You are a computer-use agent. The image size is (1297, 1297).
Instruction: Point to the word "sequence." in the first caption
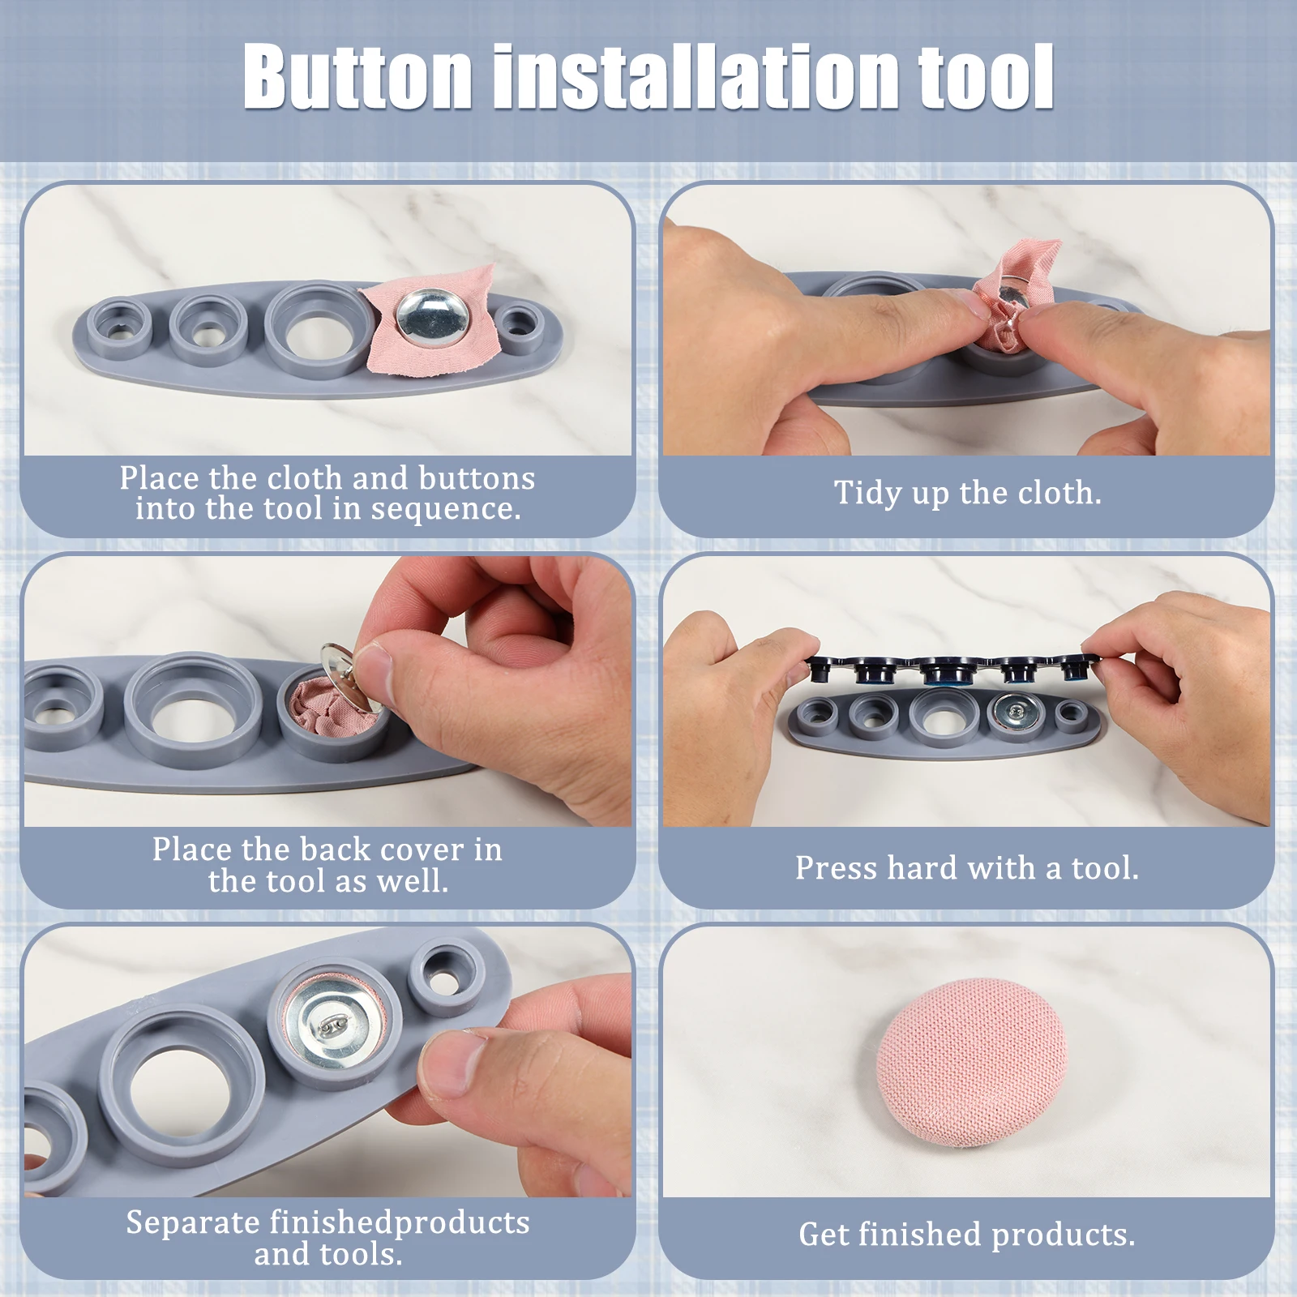(446, 509)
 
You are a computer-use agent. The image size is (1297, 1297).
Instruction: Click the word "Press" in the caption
(837, 868)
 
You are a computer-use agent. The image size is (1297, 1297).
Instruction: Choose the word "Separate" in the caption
(193, 1222)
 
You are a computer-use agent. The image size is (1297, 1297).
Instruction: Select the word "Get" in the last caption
(824, 1235)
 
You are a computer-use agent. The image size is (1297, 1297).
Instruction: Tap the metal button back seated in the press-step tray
(1015, 713)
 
